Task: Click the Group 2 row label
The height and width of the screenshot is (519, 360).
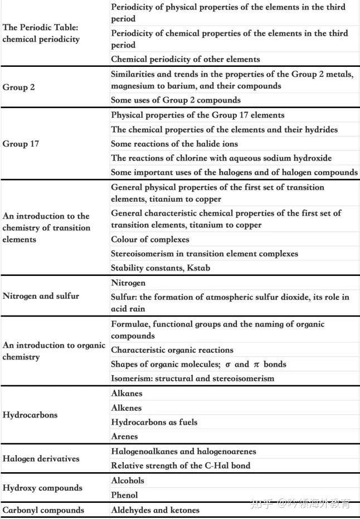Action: pyautogui.click(x=19, y=88)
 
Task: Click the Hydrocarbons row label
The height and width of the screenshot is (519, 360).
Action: pyautogui.click(x=30, y=415)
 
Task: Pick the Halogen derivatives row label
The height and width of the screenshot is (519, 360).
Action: pyautogui.click(x=41, y=459)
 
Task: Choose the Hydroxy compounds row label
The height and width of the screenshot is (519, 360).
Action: pyautogui.click(x=42, y=488)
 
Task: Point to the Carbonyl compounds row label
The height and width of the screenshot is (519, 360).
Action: pyautogui.click(x=43, y=510)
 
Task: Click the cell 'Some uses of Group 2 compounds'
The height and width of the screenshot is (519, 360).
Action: pyautogui.click(x=176, y=100)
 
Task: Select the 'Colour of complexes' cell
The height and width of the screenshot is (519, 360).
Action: pyautogui.click(x=150, y=240)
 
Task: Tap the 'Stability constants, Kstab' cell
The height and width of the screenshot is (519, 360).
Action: pyautogui.click(x=160, y=268)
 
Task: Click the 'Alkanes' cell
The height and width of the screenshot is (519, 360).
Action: pyautogui.click(x=127, y=394)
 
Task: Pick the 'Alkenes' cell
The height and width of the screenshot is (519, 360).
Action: pyautogui.click(x=127, y=408)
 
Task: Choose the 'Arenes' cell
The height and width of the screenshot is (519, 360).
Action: pyautogui.click(x=124, y=436)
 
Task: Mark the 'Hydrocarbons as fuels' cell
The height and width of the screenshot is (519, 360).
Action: pyautogui.click(x=154, y=423)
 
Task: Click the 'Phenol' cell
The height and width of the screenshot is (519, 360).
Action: pyautogui.click(x=124, y=495)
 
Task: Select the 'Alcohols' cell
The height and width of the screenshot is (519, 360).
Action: pyautogui.click(x=128, y=481)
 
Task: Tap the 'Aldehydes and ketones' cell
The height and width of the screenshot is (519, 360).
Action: pyautogui.click(x=155, y=510)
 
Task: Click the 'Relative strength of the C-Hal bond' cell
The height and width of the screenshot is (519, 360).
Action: pyautogui.click(x=181, y=465)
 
